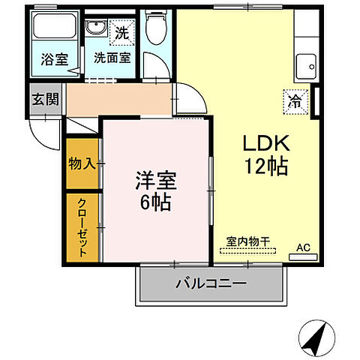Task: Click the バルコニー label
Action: [211, 284]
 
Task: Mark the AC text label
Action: [303, 247]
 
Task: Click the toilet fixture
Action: [154, 28]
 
